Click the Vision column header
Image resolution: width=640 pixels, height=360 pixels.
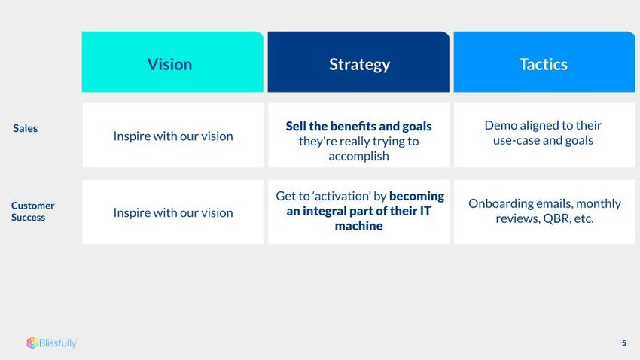(172, 62)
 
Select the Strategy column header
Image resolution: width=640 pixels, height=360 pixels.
(358, 62)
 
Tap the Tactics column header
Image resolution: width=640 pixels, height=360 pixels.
(544, 62)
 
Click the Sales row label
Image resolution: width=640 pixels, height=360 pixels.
(26, 128)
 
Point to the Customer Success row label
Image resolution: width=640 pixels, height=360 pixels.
(32, 212)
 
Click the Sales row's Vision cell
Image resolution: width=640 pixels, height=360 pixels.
(172, 135)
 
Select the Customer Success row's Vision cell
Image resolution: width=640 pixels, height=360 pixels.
(172, 212)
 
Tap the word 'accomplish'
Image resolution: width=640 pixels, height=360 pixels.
(358, 157)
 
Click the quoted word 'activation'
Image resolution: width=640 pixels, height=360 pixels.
(342, 196)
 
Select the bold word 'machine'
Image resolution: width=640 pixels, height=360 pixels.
(358, 226)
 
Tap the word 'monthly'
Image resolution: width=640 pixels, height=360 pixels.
(599, 203)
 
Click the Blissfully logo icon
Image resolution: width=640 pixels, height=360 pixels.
(32, 343)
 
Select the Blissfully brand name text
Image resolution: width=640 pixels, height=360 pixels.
(58, 343)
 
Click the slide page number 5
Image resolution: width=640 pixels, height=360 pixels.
(624, 343)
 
